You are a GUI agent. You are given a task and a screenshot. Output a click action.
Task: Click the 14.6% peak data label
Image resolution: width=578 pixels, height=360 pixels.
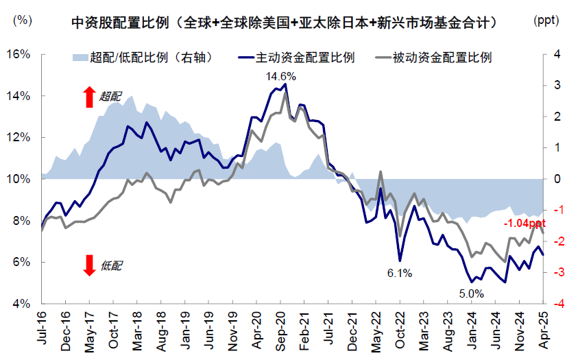click(281, 76)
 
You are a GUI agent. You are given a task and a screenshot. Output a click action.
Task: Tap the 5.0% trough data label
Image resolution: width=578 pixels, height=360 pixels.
click(471, 293)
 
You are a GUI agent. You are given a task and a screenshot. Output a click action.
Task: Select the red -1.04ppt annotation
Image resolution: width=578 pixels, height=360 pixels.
click(525, 224)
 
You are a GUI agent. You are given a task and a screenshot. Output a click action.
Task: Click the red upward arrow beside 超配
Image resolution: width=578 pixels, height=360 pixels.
click(88, 97)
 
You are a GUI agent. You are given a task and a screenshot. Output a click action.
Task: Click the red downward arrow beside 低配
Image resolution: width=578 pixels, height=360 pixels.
click(88, 265)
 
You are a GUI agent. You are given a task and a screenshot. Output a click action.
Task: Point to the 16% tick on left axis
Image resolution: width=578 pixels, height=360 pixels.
click(18, 54)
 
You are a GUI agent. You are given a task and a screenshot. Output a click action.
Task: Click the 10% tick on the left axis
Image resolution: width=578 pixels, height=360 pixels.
click(18, 179)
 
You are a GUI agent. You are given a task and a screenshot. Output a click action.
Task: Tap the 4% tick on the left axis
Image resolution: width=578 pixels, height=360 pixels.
click(21, 304)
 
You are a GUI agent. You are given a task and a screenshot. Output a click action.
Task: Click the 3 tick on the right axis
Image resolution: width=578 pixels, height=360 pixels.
click(557, 85)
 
